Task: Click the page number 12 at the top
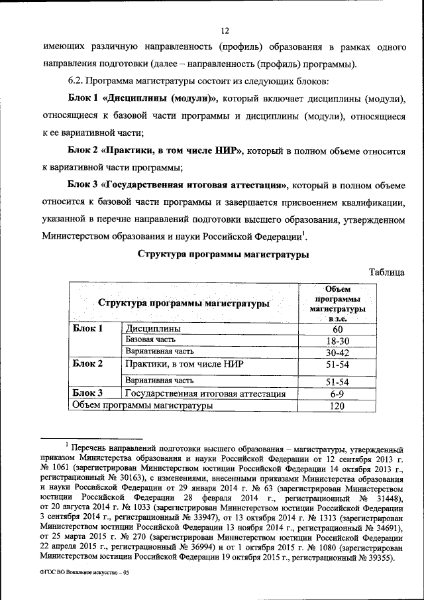point(224,30)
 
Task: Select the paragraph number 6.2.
point(76,82)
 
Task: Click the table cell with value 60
point(338,330)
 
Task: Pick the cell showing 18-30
point(338,340)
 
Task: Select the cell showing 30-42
point(338,352)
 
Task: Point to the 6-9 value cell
point(338,394)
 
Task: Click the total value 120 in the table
point(338,406)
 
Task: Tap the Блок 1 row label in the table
point(88,329)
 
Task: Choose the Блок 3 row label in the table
point(88,394)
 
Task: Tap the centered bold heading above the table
point(223,254)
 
